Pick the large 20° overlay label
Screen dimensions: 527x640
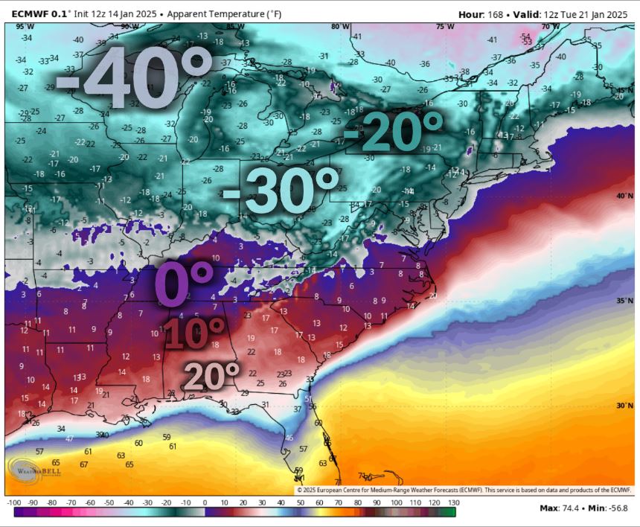[x=211, y=376]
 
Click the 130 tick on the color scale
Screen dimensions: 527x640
[x=451, y=503]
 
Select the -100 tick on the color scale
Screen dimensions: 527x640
[x=13, y=503]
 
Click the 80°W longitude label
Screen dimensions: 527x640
[x=341, y=27]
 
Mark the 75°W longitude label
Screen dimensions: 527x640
[x=446, y=27]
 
